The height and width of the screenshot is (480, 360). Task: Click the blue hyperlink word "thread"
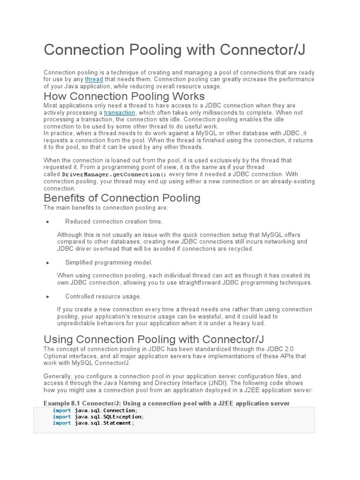[94, 79]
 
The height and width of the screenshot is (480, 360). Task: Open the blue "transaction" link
[120, 113]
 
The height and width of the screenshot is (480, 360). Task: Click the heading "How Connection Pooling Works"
[124, 96]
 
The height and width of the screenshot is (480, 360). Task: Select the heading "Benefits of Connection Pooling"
[122, 198]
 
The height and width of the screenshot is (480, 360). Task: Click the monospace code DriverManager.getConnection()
[114, 174]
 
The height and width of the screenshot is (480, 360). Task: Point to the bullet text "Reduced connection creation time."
[114, 221]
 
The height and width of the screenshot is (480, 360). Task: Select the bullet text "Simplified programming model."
[109, 262]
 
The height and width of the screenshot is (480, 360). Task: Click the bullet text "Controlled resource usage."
[103, 296]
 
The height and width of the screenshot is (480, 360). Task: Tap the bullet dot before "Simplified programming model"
[48, 263]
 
